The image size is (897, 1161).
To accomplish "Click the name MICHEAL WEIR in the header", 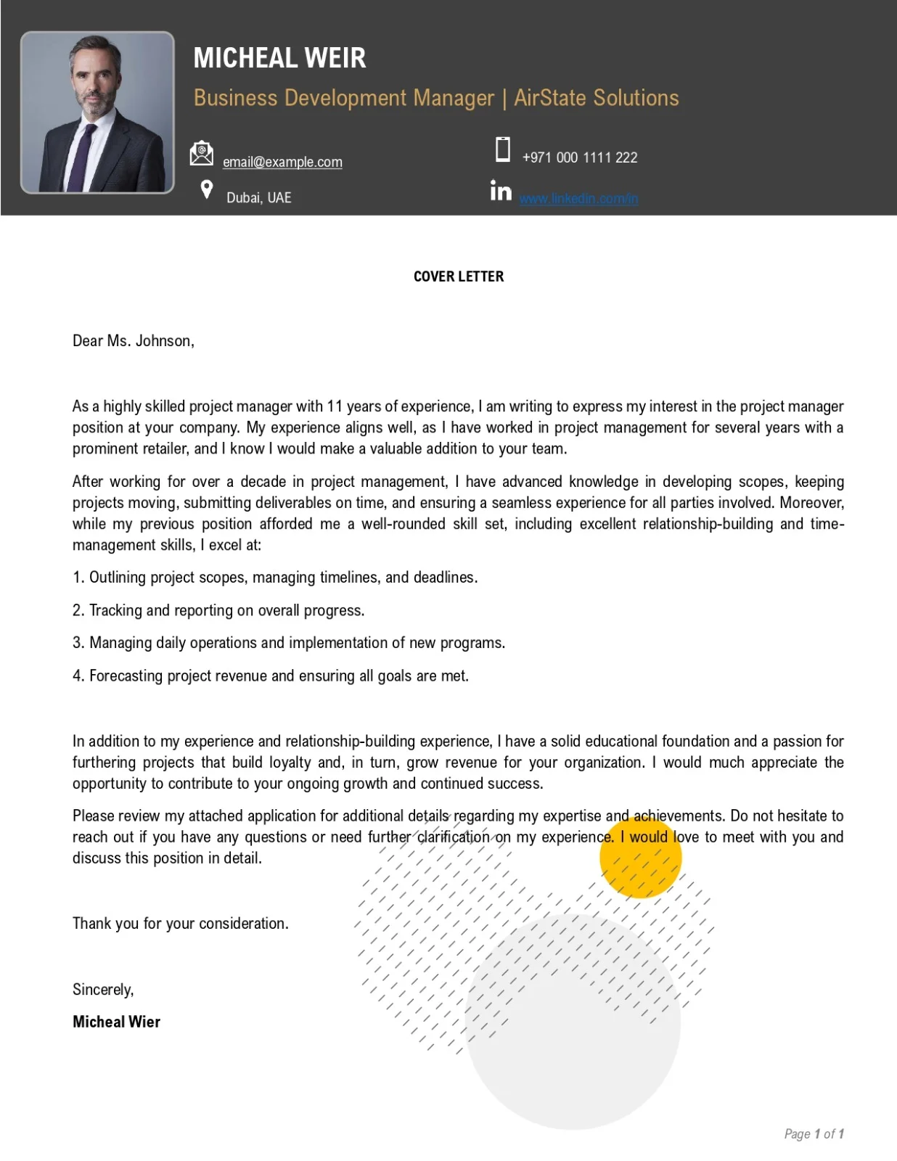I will (279, 58).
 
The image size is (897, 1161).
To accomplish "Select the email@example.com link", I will (282, 162).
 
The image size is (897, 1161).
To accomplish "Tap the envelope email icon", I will (202, 154).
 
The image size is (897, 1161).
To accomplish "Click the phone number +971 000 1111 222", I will (579, 157).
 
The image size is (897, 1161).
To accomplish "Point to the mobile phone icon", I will (502, 149).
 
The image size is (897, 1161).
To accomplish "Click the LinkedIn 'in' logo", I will (501, 191).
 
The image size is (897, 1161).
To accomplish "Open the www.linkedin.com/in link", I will (578, 199).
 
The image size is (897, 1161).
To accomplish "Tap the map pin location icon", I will (207, 189).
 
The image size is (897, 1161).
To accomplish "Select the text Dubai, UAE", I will (258, 198).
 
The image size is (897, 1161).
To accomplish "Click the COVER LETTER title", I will (458, 276).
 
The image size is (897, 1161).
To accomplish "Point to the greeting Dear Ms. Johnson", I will (134, 341).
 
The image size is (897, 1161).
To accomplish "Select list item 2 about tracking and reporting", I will (218, 610).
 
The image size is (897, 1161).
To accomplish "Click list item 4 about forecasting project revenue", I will (271, 676).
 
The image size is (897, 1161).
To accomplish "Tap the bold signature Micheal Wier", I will (116, 1022).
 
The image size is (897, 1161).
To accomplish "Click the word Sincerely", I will (103, 990).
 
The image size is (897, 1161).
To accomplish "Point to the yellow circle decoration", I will (640, 858).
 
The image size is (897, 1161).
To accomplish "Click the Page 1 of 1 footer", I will (814, 1133).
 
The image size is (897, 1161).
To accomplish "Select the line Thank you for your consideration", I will (181, 924).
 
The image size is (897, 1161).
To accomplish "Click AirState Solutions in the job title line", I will (596, 98).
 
